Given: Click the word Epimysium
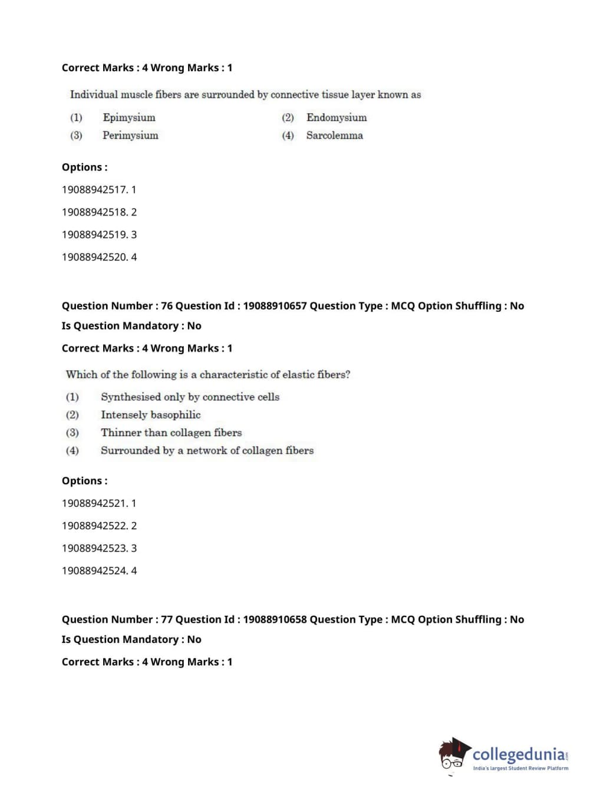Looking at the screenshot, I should [129, 117].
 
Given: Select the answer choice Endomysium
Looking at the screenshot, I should [336, 117].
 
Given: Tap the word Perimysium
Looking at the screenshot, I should [130, 135].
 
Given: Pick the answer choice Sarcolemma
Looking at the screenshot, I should [334, 135].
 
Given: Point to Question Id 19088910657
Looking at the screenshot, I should [275, 306].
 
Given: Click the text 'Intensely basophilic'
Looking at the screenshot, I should [150, 415].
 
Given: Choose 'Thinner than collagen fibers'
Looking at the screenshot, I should [171, 432].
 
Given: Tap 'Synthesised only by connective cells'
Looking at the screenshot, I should [190, 397].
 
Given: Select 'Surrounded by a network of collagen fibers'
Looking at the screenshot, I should [207, 450].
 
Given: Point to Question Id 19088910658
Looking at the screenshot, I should [275, 619].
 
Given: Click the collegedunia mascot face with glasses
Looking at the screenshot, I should [453, 756].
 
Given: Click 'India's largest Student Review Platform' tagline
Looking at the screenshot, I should [520, 768].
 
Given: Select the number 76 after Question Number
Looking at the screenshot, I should [167, 306].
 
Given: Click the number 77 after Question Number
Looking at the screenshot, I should [167, 619].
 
